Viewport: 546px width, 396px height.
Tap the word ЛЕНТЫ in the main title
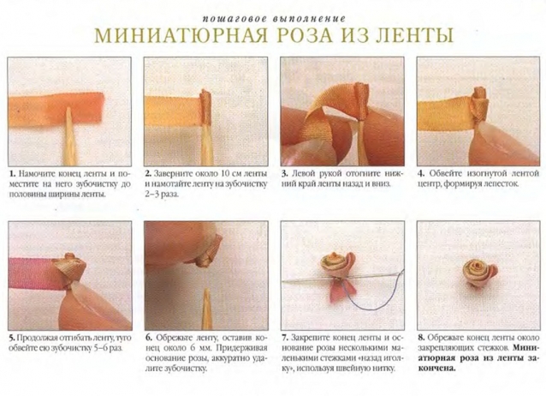point(413,35)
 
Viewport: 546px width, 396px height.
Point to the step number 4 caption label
point(422,173)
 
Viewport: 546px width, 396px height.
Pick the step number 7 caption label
point(285,338)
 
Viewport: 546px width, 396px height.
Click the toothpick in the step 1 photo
point(69,136)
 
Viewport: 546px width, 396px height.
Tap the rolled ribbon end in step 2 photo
point(206,107)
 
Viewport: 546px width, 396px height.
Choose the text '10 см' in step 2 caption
point(230,174)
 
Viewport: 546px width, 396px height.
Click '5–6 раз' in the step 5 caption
point(109,348)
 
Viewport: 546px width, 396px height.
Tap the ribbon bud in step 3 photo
point(361,101)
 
